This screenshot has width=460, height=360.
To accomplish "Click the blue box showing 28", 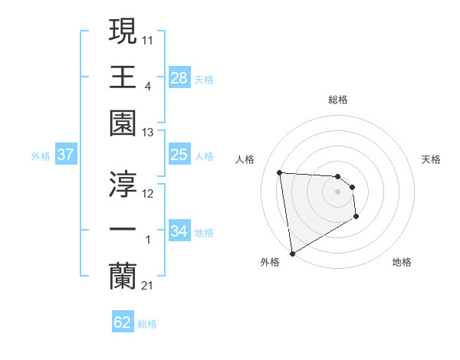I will (x=179, y=78).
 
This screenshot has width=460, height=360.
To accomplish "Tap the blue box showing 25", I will (x=179, y=155).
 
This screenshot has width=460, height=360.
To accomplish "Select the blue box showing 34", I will (x=179, y=231).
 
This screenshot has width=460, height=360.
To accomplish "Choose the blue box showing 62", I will (x=123, y=322).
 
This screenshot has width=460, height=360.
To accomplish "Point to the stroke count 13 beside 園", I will (x=147, y=133).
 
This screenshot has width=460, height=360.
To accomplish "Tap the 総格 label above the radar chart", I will (x=338, y=100).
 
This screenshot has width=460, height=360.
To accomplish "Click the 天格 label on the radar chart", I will (x=431, y=159).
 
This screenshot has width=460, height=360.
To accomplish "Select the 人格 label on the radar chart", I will (x=245, y=159).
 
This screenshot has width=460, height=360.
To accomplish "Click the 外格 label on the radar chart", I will (x=269, y=262).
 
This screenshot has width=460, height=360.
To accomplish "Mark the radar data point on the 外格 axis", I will (x=292, y=253).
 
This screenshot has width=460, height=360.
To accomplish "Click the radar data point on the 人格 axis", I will (x=280, y=172).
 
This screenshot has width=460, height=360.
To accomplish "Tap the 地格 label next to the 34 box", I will (x=204, y=232).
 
